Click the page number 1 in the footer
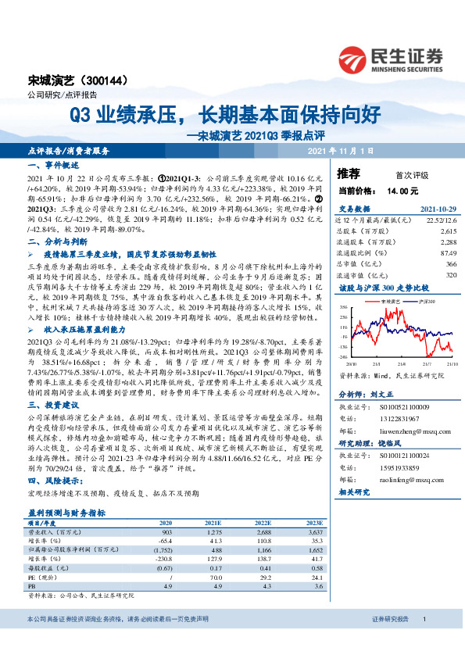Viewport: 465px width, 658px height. click(423, 640)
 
